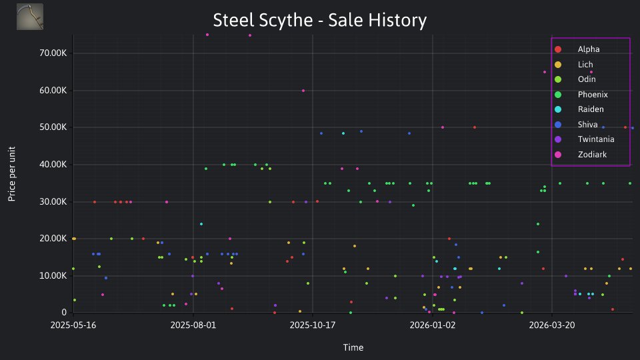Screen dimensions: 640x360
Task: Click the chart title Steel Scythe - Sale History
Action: [319, 20]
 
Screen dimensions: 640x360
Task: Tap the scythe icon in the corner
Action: [30, 17]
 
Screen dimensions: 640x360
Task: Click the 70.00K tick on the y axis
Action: [53, 53]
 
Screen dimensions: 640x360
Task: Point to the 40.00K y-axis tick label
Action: [53, 165]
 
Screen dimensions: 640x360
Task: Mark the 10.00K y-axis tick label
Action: [53, 276]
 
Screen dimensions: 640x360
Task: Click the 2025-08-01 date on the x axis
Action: [193, 325]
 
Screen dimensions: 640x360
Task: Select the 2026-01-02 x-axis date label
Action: [432, 325]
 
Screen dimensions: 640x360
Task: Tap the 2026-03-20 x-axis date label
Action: [552, 325]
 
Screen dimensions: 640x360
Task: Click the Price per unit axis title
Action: [12, 174]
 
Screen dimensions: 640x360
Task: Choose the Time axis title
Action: [353, 348]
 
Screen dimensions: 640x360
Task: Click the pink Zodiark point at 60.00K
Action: [303, 91]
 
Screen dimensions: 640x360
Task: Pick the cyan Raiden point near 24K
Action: [201, 224]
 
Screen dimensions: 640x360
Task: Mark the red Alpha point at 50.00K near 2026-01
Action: [474, 127]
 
